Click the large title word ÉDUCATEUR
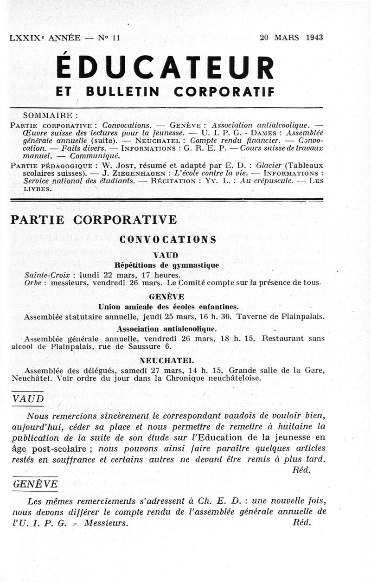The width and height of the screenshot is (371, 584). (165, 68)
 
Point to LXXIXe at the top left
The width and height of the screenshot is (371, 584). (23, 38)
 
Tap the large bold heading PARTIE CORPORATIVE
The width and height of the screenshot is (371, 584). (93, 219)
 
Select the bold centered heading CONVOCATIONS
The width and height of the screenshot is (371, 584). (167, 239)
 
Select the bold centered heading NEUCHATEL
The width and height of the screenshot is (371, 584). (167, 360)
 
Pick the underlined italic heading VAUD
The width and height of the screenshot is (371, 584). (28, 398)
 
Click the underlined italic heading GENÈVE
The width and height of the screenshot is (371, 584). (35, 484)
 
